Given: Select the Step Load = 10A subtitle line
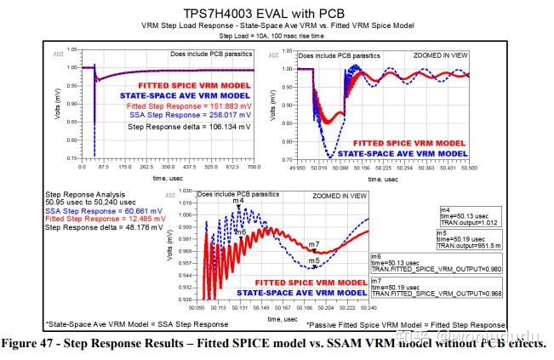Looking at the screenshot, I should click(x=276, y=37).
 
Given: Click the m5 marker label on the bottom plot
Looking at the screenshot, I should click(x=314, y=260).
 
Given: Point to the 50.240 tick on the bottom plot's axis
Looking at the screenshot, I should click(x=368, y=306).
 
